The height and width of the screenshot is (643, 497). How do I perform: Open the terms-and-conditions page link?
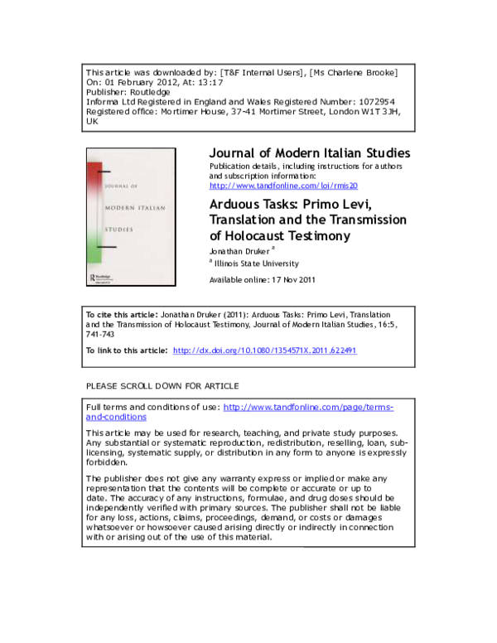pos(308,408)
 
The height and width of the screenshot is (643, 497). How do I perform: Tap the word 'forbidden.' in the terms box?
pos(109,462)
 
